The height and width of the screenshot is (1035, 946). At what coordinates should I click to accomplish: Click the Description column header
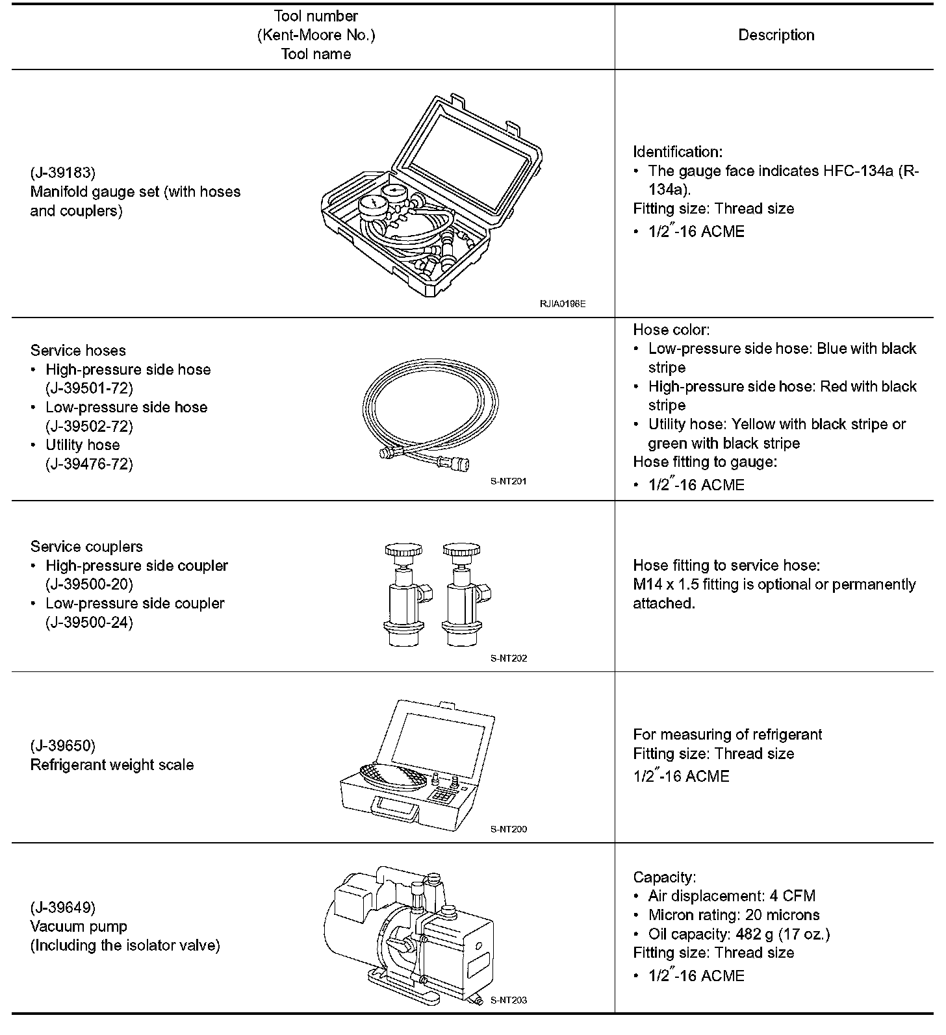(776, 35)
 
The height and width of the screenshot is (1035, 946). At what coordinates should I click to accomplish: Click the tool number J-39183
(63, 173)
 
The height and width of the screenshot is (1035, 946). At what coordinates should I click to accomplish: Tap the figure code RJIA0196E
(562, 303)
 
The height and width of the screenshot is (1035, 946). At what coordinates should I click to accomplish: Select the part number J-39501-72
(89, 388)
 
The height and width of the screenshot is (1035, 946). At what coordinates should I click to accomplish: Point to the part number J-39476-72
(89, 464)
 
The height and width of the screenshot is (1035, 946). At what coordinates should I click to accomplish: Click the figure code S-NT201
(509, 482)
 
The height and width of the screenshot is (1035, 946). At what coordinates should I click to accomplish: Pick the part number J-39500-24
(89, 622)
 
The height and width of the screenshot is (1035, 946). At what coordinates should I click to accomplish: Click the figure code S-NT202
(509, 658)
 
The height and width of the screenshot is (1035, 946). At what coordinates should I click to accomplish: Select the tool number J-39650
(63, 745)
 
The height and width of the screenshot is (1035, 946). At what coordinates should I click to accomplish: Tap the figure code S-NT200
(509, 829)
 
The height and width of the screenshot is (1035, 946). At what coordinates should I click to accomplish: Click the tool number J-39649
(63, 907)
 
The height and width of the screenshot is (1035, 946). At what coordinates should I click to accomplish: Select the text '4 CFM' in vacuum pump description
(792, 896)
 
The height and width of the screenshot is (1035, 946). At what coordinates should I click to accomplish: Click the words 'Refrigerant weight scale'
(112, 765)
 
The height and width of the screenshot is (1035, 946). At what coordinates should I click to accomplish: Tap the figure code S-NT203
(509, 1000)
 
